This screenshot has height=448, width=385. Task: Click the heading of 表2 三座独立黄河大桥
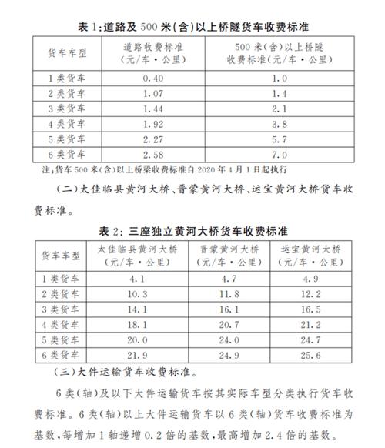tap(192, 230)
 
